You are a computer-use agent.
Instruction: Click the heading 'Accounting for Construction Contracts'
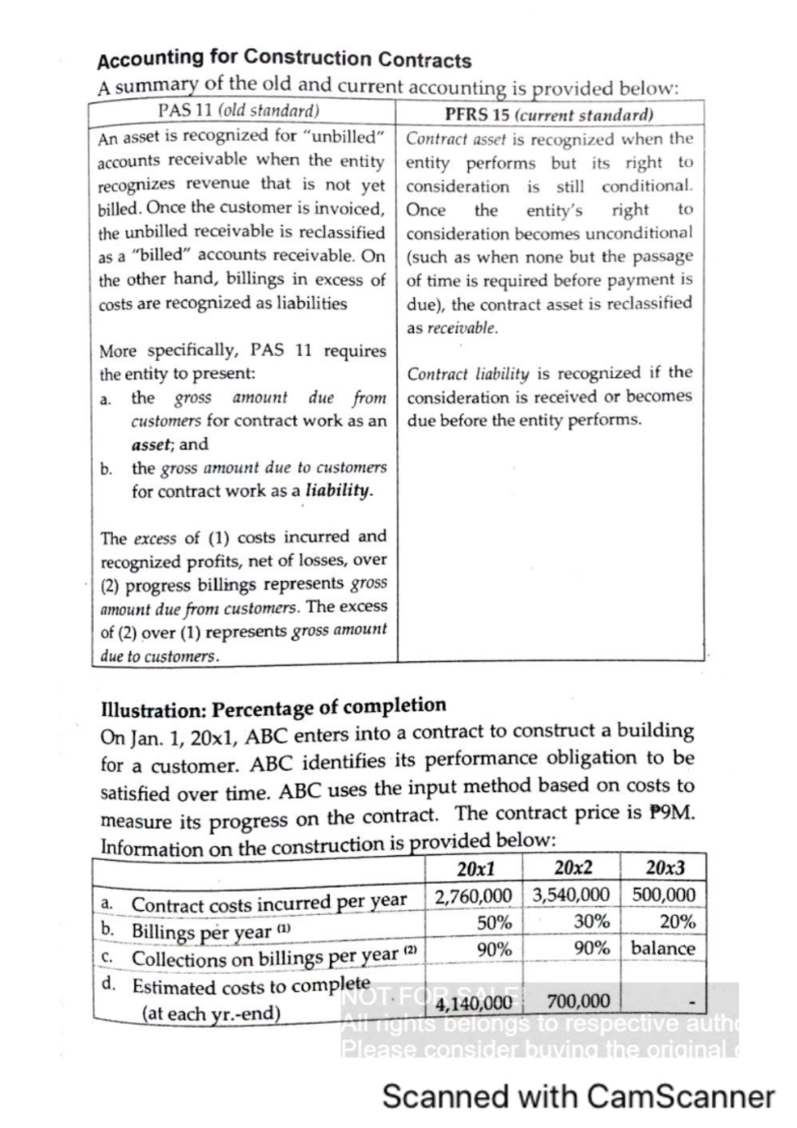pos(284,59)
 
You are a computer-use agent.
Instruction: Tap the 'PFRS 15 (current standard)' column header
pos(549,114)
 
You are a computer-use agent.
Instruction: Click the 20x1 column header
pos(476,868)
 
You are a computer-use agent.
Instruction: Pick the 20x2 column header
pos(573,868)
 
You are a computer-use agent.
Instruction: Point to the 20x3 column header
pos(665,868)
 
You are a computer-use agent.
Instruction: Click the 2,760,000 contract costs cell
pos(474,895)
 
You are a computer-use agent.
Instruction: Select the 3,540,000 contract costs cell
pos(571,895)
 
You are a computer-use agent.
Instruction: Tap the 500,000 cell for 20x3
pos(664,895)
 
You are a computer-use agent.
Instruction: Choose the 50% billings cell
pos(494,922)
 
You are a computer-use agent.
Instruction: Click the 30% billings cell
pos(592,921)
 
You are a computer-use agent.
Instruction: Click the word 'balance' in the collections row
pos(663,948)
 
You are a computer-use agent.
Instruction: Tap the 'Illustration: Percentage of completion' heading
pos(273,707)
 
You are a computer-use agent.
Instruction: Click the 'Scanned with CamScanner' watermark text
pos(578,1097)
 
